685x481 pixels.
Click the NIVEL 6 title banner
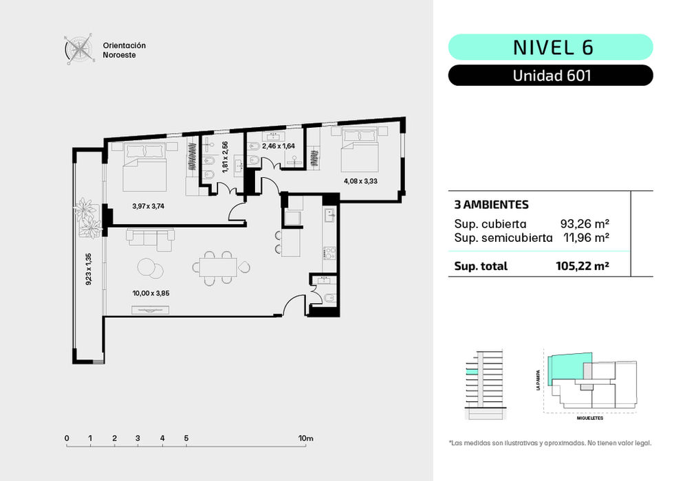(x=550, y=47)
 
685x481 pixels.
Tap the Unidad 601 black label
(x=550, y=76)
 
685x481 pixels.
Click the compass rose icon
(x=80, y=49)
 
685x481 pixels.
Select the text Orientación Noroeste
(x=124, y=50)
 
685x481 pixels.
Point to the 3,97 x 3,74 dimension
(x=148, y=206)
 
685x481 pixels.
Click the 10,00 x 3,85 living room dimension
(x=151, y=293)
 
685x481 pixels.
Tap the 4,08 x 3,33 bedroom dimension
(x=360, y=181)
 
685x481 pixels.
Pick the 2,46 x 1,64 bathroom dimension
(x=279, y=146)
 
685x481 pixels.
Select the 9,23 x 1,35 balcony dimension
(x=88, y=269)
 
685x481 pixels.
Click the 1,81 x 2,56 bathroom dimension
(x=225, y=157)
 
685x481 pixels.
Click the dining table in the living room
(x=218, y=267)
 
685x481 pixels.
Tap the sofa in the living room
(x=151, y=239)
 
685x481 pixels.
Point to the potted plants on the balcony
(x=89, y=218)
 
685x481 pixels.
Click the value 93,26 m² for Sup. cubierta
(x=585, y=223)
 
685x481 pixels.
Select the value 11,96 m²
(x=586, y=238)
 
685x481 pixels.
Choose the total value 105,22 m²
(x=583, y=266)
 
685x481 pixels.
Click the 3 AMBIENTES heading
(x=492, y=204)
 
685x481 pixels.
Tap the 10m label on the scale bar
(x=306, y=438)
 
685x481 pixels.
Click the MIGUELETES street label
(x=590, y=418)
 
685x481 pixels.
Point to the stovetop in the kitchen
(x=329, y=253)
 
